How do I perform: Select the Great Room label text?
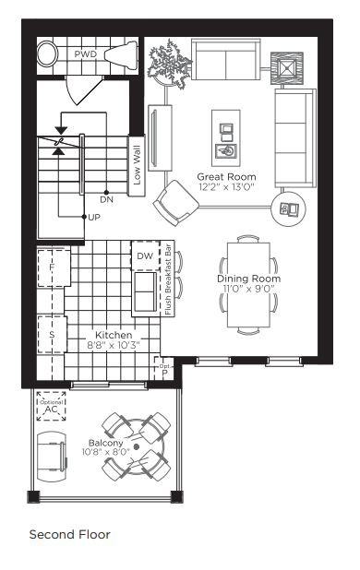click(226, 176)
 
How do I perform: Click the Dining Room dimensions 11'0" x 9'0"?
click(247, 289)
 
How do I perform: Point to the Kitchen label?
click(114, 335)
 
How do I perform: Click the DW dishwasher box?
click(145, 255)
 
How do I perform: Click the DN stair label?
click(107, 198)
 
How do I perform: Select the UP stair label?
click(93, 217)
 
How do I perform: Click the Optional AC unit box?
click(51, 404)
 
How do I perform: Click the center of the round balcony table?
click(137, 445)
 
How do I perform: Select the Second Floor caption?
click(69, 534)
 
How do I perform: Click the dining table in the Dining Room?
click(248, 283)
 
